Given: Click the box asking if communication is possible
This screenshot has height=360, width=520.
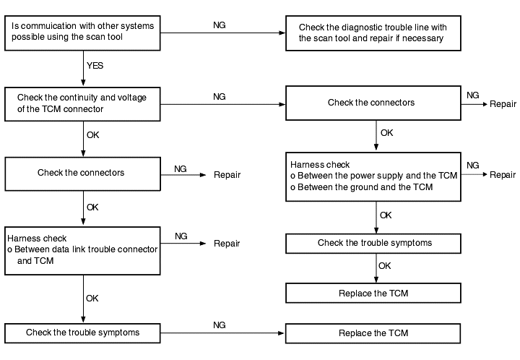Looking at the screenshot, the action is pos(82,33).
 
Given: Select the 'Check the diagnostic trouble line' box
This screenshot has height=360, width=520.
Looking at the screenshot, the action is pos(373,33).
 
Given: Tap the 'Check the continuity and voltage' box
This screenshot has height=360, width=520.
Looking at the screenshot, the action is pos(82,104).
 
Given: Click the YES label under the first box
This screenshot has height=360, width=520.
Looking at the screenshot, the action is pos(95,66).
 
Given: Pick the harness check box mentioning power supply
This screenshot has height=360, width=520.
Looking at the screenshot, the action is pos(373,177).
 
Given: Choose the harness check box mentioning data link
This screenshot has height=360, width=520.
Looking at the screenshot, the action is pos(82,251).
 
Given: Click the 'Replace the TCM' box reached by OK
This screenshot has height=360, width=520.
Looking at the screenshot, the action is pos(373,293).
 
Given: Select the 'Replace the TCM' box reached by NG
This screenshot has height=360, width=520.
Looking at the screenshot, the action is pos(373,333).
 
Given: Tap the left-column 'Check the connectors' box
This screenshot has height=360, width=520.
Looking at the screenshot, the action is pos(82,174).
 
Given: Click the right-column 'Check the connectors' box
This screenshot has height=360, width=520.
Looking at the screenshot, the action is pos(373,103).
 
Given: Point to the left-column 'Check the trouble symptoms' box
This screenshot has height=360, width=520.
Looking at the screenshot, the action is pos(82,333).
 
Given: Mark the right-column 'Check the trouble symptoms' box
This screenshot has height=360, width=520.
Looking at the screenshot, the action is pos(373,244).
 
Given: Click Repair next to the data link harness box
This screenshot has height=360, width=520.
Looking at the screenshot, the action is pos(227,244).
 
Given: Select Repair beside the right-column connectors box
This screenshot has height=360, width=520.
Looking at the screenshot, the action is pos(503,104).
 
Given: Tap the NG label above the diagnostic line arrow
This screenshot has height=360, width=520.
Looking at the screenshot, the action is pos(220,25).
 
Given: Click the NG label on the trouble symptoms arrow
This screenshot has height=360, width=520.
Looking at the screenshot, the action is pos(220,325).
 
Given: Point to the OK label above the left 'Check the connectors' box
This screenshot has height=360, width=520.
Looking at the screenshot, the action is pos(93,135).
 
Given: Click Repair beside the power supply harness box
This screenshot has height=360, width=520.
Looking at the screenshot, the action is pos(503,175).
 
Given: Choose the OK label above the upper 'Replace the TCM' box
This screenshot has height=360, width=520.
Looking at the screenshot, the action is pos(385,266).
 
